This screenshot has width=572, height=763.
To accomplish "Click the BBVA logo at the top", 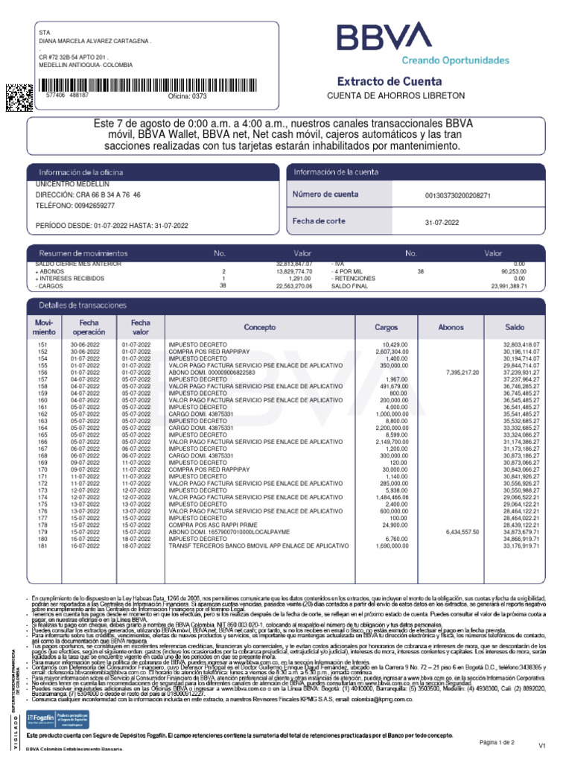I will click(384, 38).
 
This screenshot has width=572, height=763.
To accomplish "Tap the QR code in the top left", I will click(19, 97).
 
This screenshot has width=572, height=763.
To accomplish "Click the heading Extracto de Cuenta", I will click(390, 81).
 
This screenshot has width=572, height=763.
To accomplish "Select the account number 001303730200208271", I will click(457, 195).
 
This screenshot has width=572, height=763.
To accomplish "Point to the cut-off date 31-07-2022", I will click(442, 222).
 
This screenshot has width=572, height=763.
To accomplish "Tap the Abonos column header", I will click(451, 327).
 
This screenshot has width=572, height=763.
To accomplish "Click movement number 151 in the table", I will click(42, 345).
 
